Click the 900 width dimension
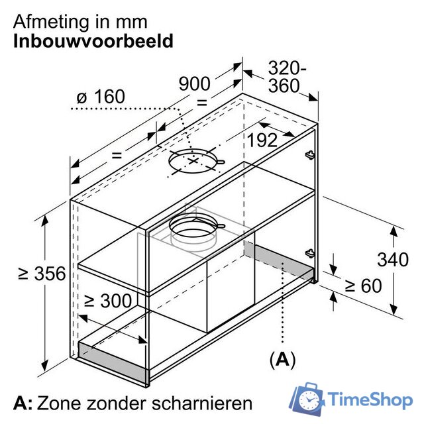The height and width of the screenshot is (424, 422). (x=194, y=84)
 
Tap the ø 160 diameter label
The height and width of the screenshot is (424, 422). (x=101, y=97)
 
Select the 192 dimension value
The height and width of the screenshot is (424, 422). (x=262, y=140)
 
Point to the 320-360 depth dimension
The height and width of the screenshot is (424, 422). (x=287, y=77)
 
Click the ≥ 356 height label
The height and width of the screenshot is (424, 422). (x=42, y=274)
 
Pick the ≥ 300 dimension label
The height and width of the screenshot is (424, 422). (x=108, y=300)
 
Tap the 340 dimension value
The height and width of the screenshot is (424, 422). (x=393, y=260)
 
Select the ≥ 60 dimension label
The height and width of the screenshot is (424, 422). (x=363, y=286)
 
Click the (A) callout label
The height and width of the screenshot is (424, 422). (x=283, y=359)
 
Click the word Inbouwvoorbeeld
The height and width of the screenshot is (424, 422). (x=93, y=41)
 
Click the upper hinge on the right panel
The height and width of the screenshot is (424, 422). (x=310, y=154)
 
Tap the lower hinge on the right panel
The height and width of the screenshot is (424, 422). (x=310, y=253)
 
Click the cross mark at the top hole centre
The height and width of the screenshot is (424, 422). (x=193, y=161)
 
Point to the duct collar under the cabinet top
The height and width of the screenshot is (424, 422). (x=193, y=230)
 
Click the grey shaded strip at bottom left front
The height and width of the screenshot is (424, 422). (x=113, y=362)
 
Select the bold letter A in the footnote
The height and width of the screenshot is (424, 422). (x=21, y=403)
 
